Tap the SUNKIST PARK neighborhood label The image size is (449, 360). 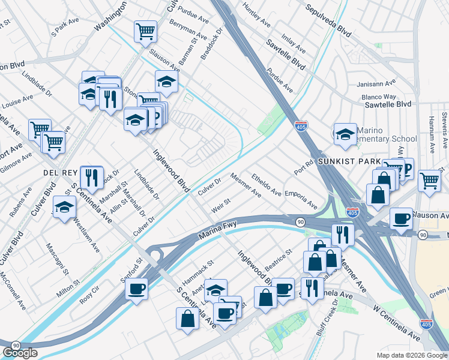tap(359, 162)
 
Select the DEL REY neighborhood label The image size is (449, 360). tap(58, 172)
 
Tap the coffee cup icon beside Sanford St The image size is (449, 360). tap(137, 289)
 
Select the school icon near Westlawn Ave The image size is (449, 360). tap(64, 208)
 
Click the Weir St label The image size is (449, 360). tap(220, 207)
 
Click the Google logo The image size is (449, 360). tap(20, 353)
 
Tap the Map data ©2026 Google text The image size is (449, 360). tap(411, 355)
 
